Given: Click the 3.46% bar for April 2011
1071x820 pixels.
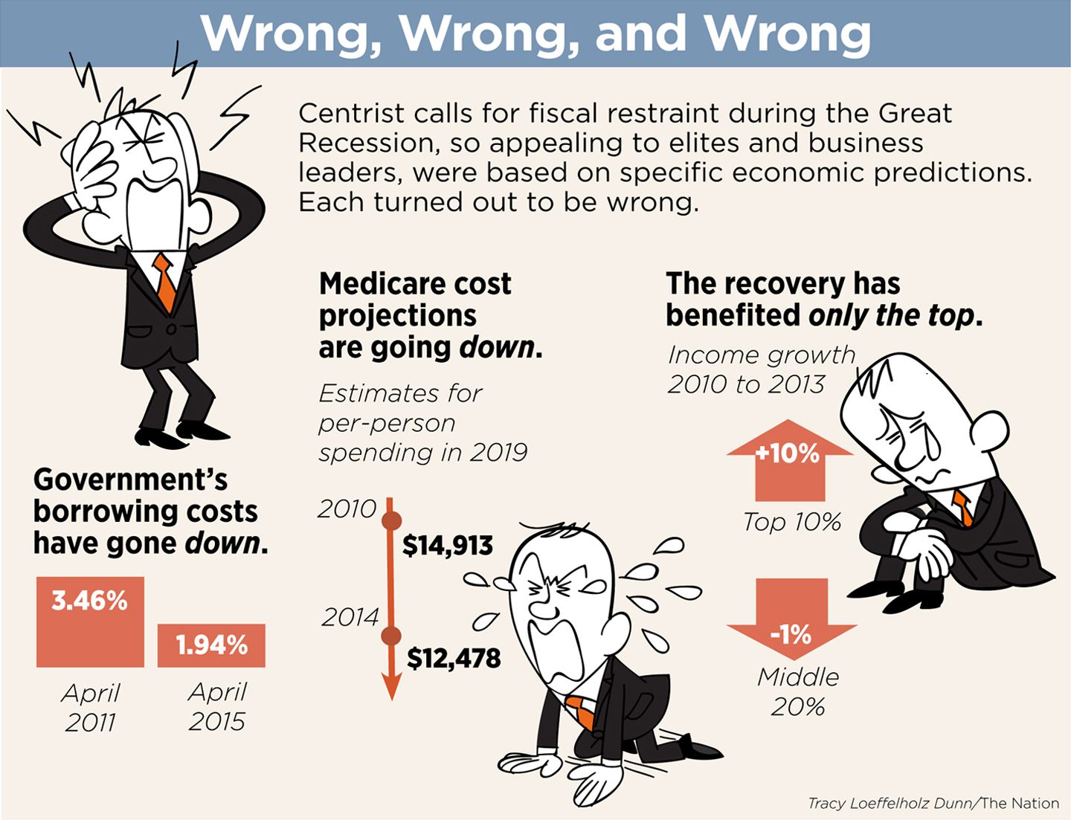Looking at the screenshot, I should coord(90,622).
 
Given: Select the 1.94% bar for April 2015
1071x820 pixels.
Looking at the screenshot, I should coord(211,645).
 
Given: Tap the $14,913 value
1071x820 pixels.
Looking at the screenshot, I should coord(448,546).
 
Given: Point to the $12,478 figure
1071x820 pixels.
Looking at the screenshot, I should coord(454,658).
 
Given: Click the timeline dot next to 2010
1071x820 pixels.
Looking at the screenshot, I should coord(391,520).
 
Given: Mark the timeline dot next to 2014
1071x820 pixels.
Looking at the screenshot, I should coord(391,636).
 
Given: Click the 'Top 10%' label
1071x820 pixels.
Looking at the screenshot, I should coord(792,522).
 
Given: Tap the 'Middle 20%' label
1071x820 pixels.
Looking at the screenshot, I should coord(798,691).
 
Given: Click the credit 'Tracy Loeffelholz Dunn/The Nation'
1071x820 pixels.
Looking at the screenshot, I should coord(933,804).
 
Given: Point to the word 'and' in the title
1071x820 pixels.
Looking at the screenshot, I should coord(640,34).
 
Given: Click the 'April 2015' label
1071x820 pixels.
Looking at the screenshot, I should coord(217,706).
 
